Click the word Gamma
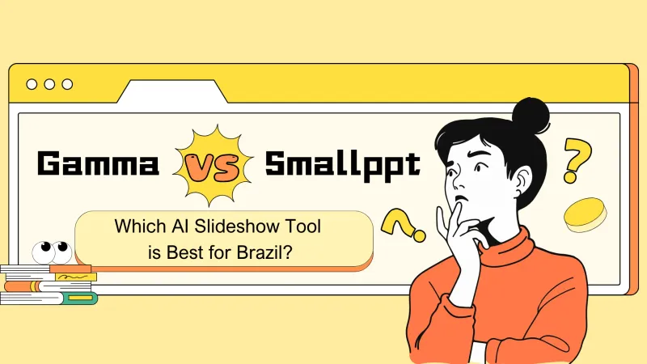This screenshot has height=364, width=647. pos(98,165)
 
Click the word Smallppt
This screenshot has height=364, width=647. pos(343,165)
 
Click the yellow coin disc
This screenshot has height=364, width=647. pos(585,214)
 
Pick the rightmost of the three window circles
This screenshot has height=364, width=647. pos(67,84)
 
